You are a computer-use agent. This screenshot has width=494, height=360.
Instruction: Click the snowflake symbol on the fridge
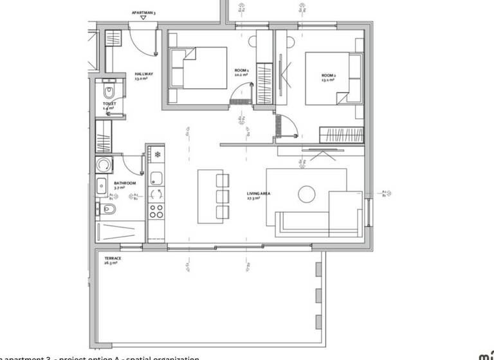click(x=156, y=155)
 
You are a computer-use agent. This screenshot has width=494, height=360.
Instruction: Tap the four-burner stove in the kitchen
click(x=156, y=210)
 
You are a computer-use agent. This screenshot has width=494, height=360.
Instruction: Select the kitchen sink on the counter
click(x=156, y=194)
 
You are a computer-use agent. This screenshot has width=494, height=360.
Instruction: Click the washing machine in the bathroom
click(x=102, y=166)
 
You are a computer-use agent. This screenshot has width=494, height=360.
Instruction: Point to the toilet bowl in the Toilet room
click(x=107, y=89)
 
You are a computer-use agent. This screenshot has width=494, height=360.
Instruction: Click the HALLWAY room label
click(x=143, y=75)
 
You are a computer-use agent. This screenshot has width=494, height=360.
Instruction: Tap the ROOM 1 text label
click(x=241, y=70)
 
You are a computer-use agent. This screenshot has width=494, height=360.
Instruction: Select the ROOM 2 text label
click(x=329, y=76)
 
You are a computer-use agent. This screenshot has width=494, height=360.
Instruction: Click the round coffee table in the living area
click(x=306, y=193)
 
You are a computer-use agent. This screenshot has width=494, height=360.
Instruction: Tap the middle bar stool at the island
click(x=222, y=195)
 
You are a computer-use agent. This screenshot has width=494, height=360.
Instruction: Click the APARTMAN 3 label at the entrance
click(x=143, y=12)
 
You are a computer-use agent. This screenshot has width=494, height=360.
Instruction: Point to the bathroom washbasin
click(x=102, y=187)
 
